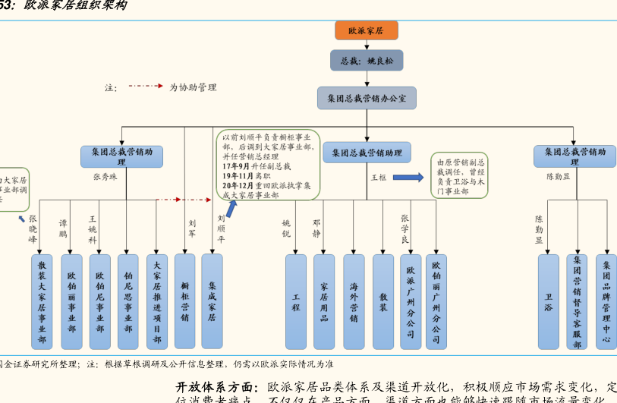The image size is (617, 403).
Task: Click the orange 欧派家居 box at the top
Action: [x=366, y=31]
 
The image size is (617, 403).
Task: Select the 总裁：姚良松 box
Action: [x=367, y=61]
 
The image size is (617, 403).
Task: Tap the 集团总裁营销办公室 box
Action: [x=367, y=98]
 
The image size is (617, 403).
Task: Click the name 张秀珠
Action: [x=105, y=177]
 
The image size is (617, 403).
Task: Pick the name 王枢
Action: [x=379, y=178]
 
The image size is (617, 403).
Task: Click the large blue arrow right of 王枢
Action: [x=408, y=178]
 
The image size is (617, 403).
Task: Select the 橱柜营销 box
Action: [x=184, y=301]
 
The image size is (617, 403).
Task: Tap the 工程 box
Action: [x=296, y=301]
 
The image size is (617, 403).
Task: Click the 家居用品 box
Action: [x=324, y=301]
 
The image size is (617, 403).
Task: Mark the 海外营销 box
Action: [x=354, y=301]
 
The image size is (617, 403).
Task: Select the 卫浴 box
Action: [x=548, y=301]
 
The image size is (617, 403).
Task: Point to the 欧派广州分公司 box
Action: [x=411, y=301]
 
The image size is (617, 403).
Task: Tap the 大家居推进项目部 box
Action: [x=157, y=301]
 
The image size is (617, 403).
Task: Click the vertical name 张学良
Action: [x=405, y=228]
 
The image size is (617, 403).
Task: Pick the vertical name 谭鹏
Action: [x=63, y=229]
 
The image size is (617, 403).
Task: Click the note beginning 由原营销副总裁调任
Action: [x=461, y=177]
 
